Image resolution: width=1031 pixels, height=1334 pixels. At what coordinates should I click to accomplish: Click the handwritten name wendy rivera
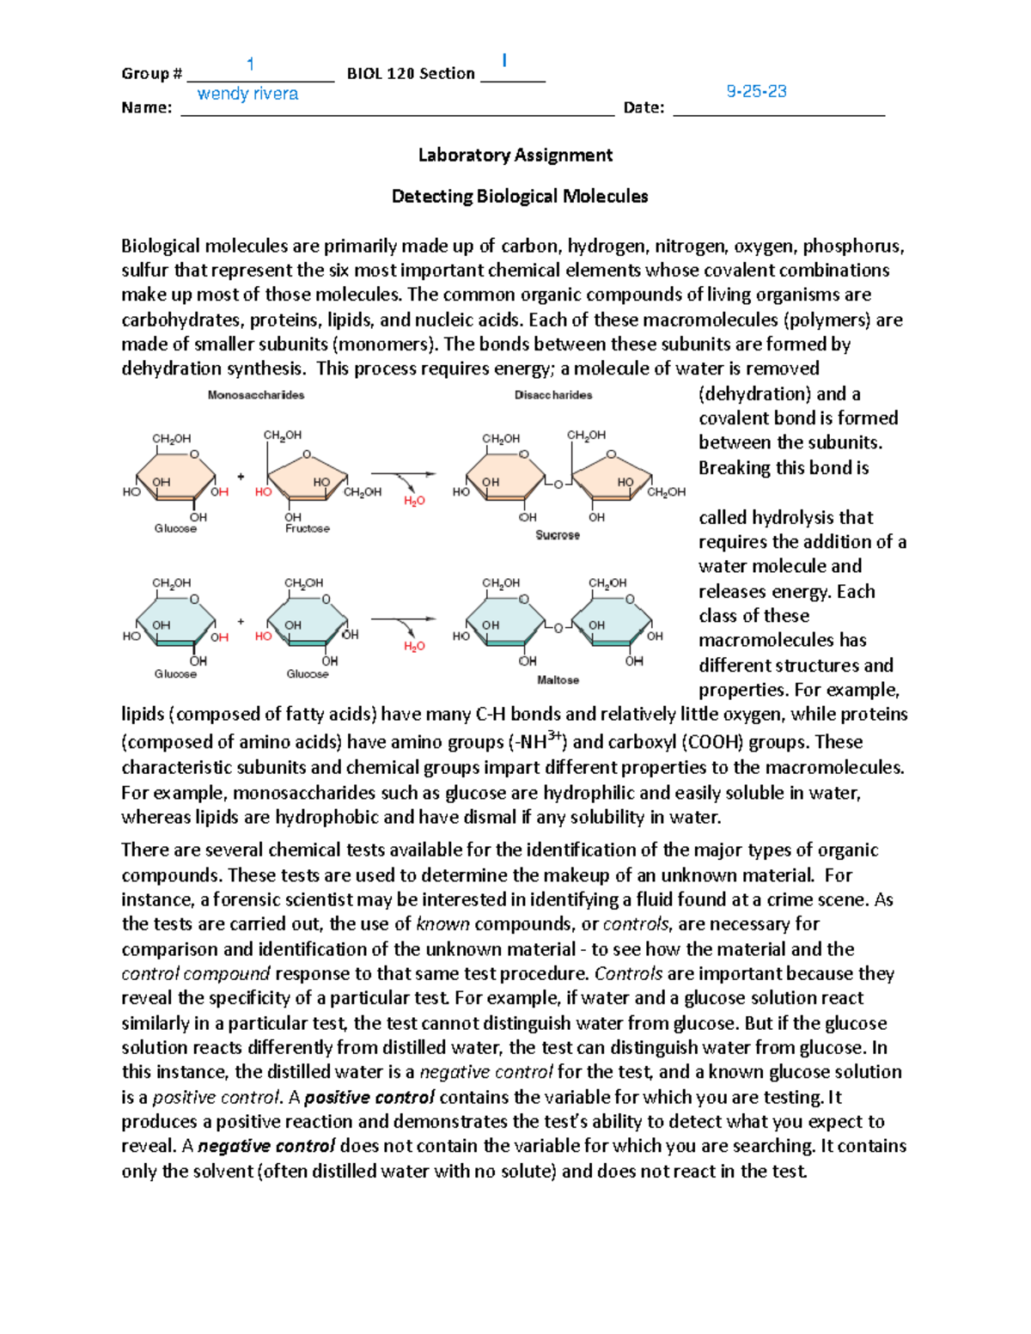click(247, 94)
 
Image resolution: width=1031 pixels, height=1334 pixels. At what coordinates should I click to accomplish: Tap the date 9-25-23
click(756, 91)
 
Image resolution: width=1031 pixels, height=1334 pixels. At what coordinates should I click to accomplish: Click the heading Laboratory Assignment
click(515, 155)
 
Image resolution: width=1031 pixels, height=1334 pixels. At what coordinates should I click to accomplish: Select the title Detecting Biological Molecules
click(519, 197)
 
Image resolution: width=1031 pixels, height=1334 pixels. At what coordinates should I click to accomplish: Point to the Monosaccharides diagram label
click(256, 395)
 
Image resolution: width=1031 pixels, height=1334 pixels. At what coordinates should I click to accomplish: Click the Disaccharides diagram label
click(553, 395)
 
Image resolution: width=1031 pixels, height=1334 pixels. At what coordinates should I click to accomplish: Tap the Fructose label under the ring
click(308, 529)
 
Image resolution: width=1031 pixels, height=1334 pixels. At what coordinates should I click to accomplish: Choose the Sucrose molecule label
click(557, 535)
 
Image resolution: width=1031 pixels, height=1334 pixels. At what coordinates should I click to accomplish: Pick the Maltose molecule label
click(558, 680)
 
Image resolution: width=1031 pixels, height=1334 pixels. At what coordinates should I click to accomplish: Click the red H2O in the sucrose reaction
click(414, 501)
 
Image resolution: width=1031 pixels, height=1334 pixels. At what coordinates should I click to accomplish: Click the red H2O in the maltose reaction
click(414, 647)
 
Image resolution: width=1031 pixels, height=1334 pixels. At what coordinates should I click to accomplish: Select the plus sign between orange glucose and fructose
click(241, 476)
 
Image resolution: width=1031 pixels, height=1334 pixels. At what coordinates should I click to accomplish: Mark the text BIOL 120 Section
click(411, 74)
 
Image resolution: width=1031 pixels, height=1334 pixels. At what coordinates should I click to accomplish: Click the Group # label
click(152, 74)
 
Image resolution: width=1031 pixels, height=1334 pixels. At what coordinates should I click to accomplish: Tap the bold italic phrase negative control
click(266, 1147)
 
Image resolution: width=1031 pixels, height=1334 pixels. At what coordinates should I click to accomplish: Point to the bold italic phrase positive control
click(369, 1098)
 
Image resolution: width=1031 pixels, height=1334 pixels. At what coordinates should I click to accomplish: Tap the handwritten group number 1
click(250, 64)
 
